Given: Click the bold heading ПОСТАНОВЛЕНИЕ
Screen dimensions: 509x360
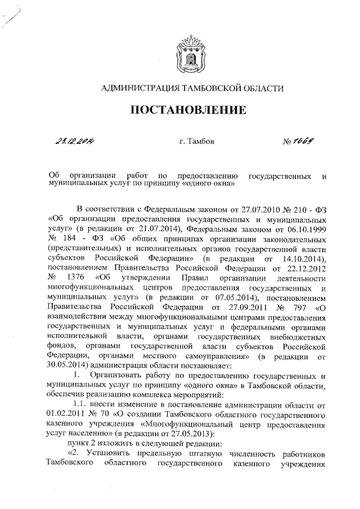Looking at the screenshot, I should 188,110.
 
